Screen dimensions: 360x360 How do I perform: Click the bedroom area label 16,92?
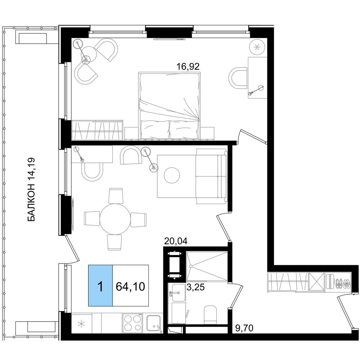tap(188, 67)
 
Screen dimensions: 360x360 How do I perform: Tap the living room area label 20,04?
tap(176, 241)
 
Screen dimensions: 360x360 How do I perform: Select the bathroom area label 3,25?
tap(195, 287)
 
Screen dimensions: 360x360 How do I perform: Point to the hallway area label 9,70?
tap(244, 328)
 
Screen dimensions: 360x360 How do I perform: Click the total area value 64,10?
tap(130, 287)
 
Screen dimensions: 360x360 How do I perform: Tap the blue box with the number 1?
tap(100, 285)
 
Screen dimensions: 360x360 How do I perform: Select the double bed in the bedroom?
tap(170, 106)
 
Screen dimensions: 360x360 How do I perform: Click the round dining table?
tap(115, 219)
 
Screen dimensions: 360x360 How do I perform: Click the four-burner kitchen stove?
tap(132, 323)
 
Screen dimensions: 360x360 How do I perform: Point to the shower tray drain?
tap(190, 266)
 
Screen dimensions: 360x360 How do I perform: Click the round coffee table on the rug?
tap(172, 175)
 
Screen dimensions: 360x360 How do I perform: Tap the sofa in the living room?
tap(211, 176)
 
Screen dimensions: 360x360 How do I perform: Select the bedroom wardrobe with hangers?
tap(97, 130)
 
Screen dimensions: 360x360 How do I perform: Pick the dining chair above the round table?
tap(116, 196)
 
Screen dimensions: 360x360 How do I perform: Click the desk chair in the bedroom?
tap(238, 78)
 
